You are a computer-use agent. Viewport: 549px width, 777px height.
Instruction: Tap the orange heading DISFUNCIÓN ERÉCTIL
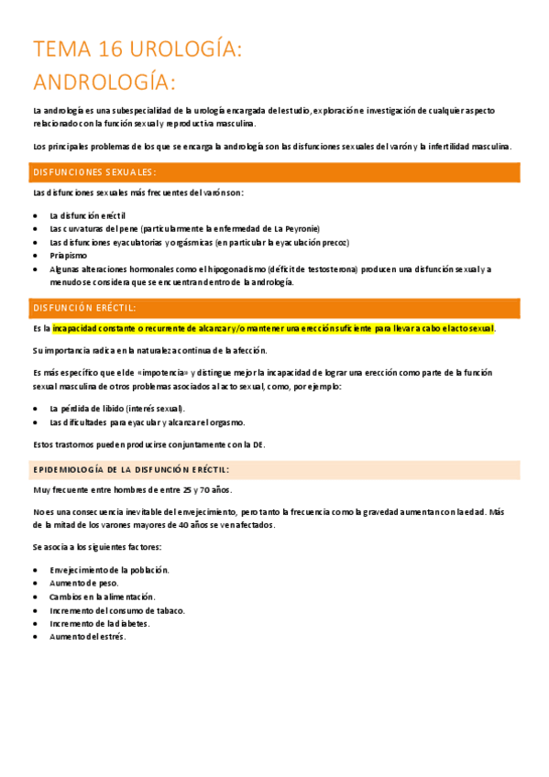pyautogui.click(x=84, y=308)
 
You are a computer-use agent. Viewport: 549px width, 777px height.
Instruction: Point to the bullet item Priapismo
pyautogui.click(x=69, y=256)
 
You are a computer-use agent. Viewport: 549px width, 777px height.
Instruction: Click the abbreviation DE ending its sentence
pyautogui.click(x=258, y=445)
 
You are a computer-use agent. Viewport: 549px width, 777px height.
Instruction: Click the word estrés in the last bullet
pyautogui.click(x=111, y=637)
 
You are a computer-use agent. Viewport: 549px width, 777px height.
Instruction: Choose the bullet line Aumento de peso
pyautogui.click(x=84, y=583)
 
